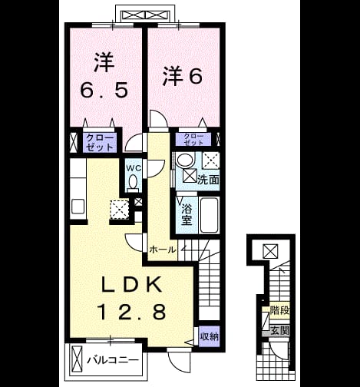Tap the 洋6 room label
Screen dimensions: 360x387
183,76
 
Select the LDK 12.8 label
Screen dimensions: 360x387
131,298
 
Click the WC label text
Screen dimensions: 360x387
134,168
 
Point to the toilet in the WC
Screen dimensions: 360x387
133,184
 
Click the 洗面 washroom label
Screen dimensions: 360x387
208,180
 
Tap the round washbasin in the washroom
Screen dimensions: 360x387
185,160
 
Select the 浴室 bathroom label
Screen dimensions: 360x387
187,215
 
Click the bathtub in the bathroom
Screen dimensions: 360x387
210,215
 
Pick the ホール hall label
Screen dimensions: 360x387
163,250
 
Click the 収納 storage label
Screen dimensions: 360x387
210,336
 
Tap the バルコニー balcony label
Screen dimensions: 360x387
113,360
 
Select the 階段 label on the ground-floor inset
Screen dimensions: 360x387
279,311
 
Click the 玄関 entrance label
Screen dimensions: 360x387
279,331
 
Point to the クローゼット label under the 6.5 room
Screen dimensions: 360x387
100,142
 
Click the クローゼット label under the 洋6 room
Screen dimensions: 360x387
193,140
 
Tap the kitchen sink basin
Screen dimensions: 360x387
78,207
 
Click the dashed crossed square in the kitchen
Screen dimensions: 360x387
120,210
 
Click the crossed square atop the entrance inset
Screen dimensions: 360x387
271,251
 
